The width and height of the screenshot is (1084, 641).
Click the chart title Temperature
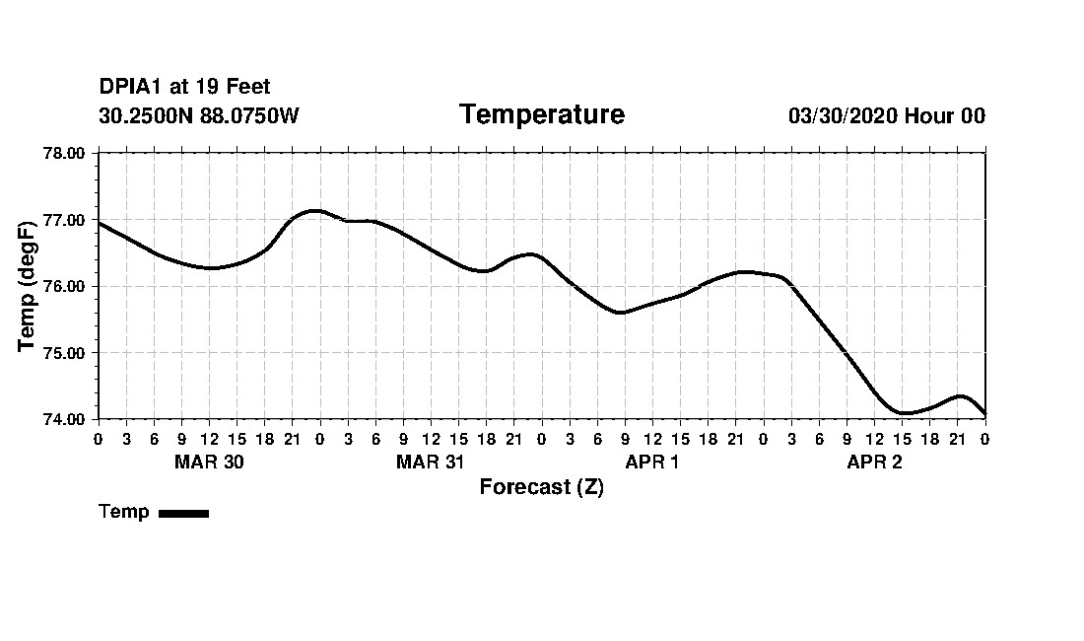tap(542, 114)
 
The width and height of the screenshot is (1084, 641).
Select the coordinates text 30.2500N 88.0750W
tap(199, 115)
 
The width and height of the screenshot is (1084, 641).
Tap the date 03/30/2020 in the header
tap(843, 115)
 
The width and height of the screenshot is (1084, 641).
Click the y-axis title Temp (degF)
tap(28, 286)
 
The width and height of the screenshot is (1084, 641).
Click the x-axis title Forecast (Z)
tap(542, 487)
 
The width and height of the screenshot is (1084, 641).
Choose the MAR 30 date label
tap(209, 462)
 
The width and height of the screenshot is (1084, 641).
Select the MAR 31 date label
tap(431, 462)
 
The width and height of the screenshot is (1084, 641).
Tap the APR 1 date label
tap(652, 462)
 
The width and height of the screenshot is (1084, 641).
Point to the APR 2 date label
tap(874, 462)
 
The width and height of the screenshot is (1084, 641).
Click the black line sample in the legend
tap(184, 513)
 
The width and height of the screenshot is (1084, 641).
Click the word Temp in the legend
tap(124, 512)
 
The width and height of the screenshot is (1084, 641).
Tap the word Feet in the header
tap(247, 88)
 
